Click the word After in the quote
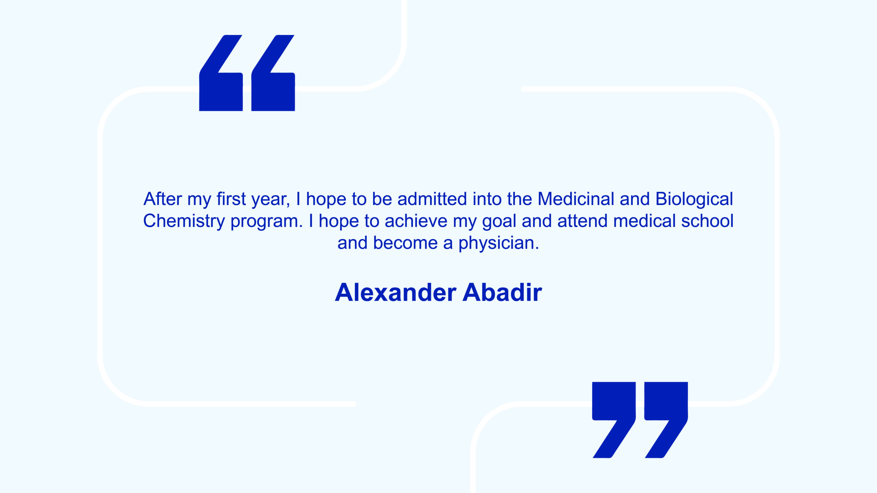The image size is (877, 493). point(163,199)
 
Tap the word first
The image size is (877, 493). point(231,199)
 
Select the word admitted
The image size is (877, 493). point(432,199)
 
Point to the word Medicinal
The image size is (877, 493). point(576,199)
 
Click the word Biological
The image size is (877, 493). point(694,200)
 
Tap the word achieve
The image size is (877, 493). point(416,221)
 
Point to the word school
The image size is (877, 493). point(707,221)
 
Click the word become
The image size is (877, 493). point(405,243)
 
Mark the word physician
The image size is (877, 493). point(498,243)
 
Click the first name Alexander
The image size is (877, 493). point(395,293)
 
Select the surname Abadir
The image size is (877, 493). point(502,293)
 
